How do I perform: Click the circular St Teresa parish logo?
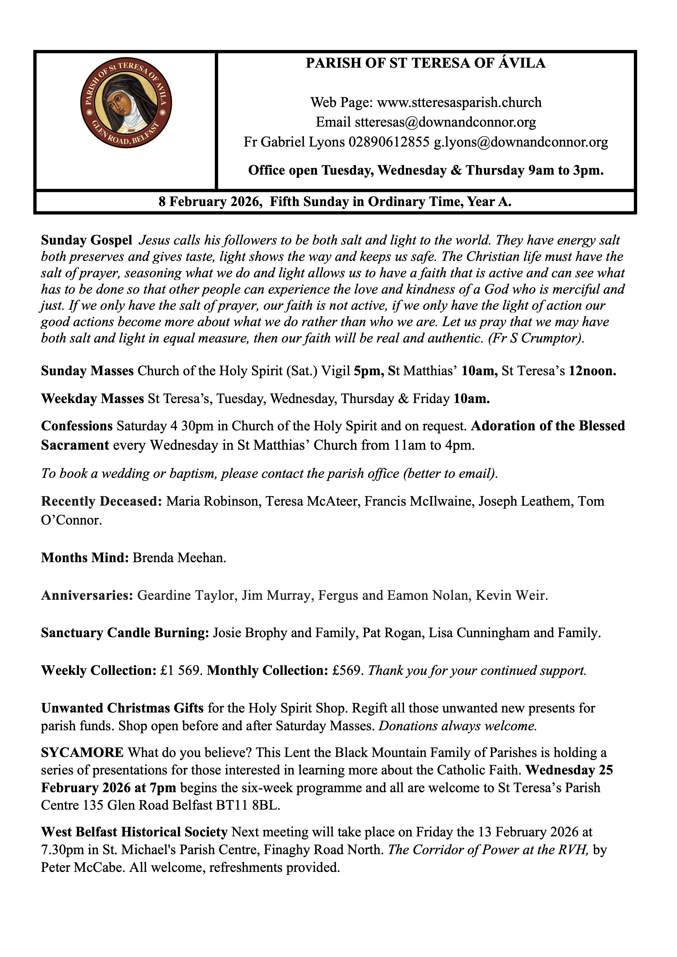(x=126, y=103)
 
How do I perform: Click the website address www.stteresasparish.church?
(x=459, y=103)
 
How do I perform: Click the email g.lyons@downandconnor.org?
(x=521, y=142)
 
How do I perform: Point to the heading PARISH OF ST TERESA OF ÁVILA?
(x=425, y=63)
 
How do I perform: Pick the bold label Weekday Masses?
(x=92, y=399)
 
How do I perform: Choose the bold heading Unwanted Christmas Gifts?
(x=122, y=708)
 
